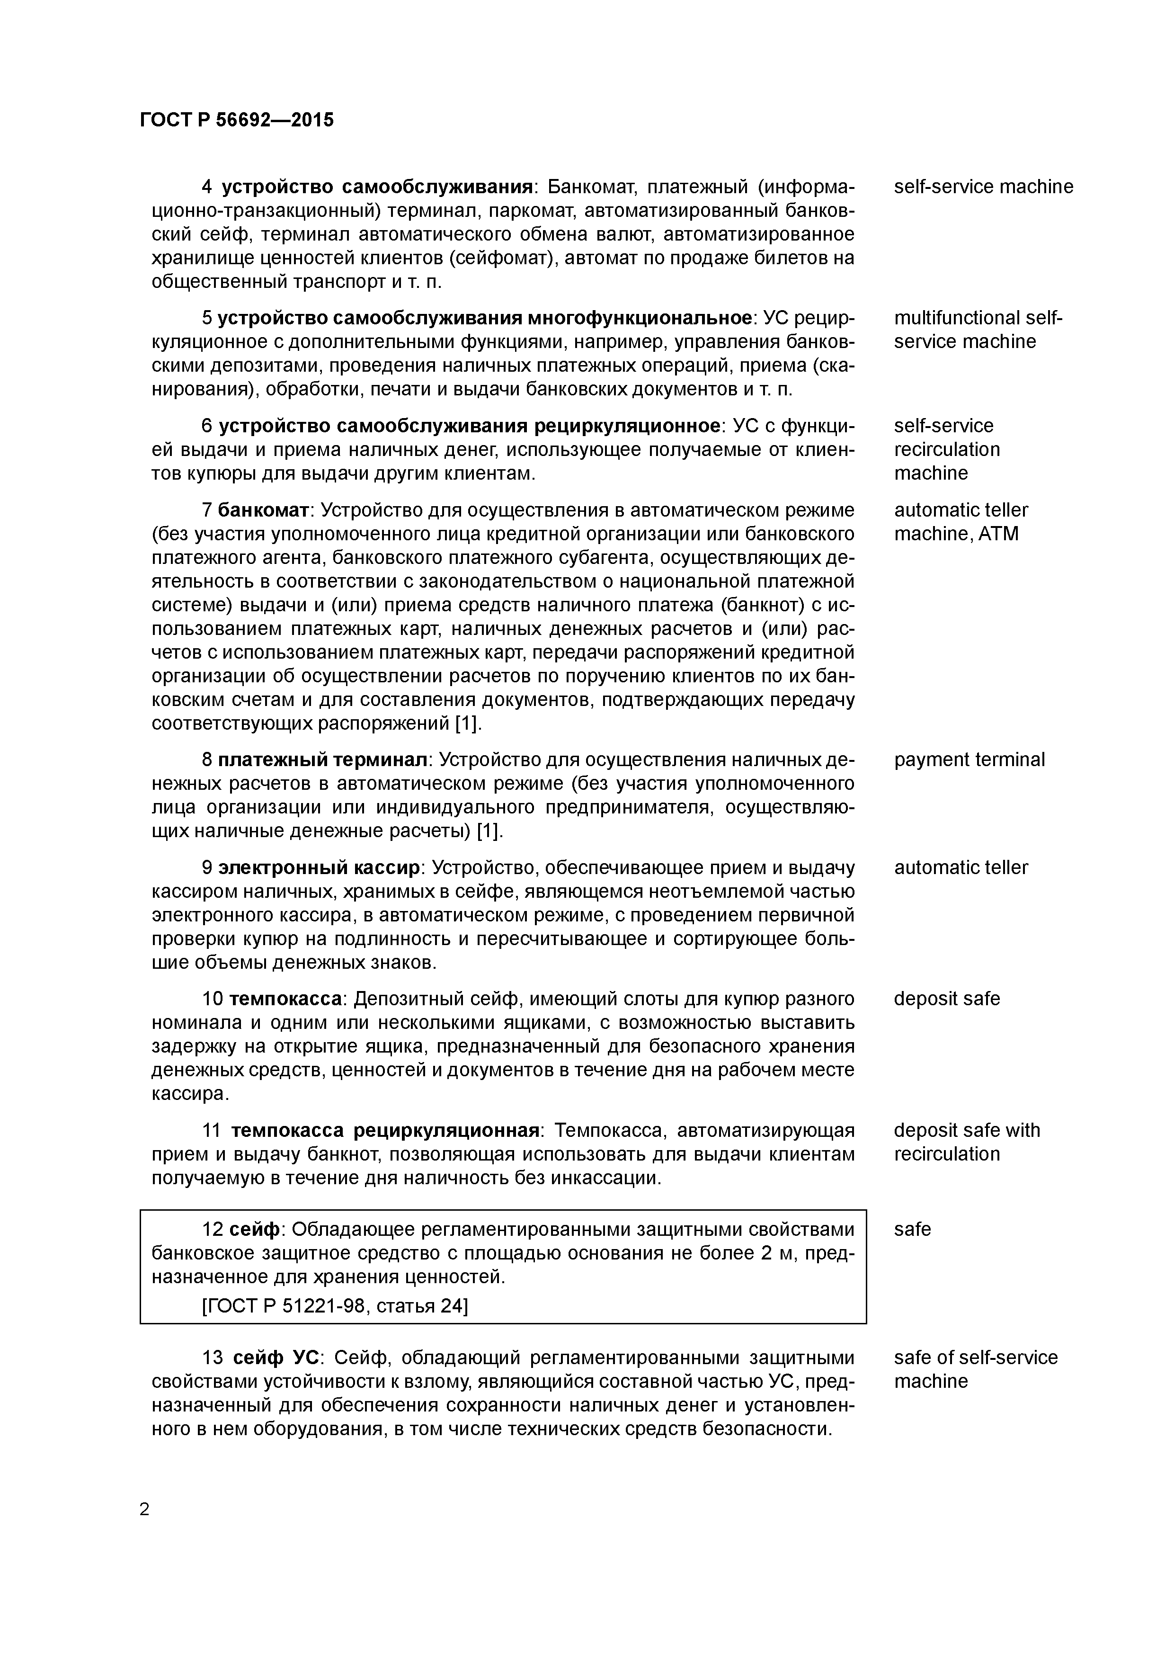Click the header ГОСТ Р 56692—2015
pos(237,120)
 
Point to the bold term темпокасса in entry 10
pos(285,999)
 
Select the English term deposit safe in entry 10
pos(946,999)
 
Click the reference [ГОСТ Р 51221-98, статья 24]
pos(335,1306)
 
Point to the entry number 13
pos(213,1358)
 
